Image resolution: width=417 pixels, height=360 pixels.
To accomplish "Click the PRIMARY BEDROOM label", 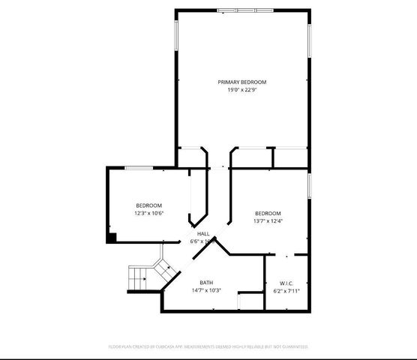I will [241, 82].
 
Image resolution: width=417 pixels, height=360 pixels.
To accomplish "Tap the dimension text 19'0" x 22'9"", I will [241, 90].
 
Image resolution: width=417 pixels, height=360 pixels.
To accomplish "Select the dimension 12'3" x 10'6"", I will [148, 213].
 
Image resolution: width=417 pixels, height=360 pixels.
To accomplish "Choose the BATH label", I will [205, 282].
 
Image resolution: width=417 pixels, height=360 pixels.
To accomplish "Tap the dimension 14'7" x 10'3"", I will [205, 290].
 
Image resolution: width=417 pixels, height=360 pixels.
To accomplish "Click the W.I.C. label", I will [286, 282].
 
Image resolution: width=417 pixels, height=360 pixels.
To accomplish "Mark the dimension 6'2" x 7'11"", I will [286, 290].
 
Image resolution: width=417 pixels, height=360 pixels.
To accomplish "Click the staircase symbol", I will [139, 278].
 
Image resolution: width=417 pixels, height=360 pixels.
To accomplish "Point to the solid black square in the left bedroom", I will [112, 238].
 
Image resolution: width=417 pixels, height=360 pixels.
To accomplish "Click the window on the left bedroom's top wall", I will [140, 168].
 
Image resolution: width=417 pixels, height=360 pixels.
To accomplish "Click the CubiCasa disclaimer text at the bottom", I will [208, 346].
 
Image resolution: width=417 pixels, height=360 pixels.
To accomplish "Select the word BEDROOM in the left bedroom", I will [148, 205].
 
